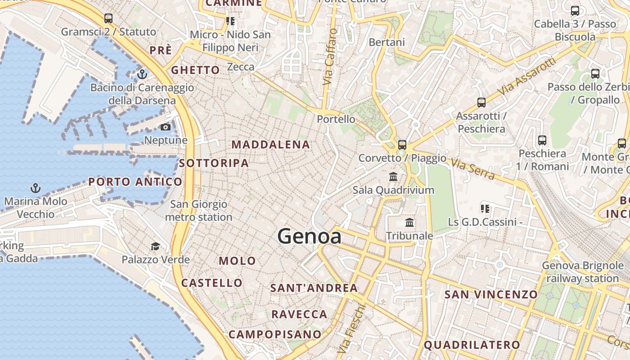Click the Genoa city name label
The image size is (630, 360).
point(309,236)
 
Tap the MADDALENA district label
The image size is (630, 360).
point(271,145)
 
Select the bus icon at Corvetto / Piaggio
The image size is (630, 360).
point(402,145)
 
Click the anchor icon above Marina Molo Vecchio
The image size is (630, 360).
point(35,188)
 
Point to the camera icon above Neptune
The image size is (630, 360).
point(166,127)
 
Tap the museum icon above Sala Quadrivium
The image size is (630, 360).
point(393,176)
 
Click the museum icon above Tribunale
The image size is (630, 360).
point(409,222)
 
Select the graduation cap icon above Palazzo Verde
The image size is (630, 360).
point(155,246)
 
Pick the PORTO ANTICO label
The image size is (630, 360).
point(135,182)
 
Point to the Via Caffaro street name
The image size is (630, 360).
point(330,57)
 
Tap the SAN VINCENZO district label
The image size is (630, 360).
point(491,295)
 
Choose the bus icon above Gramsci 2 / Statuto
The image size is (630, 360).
point(108,18)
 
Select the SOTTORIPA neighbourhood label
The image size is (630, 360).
point(214,163)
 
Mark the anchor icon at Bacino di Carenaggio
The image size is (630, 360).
point(142,74)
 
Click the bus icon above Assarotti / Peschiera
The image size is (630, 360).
point(481,103)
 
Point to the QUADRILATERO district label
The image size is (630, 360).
point(472,345)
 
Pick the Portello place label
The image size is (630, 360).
point(336,119)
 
